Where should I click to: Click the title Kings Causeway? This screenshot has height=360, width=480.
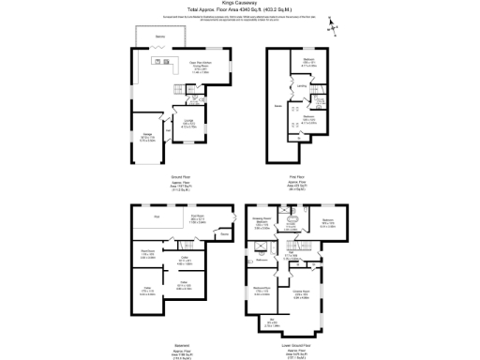pyautogui.click(x=240, y=4)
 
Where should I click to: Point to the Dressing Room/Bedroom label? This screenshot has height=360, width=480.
pyautogui.click(x=262, y=223)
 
